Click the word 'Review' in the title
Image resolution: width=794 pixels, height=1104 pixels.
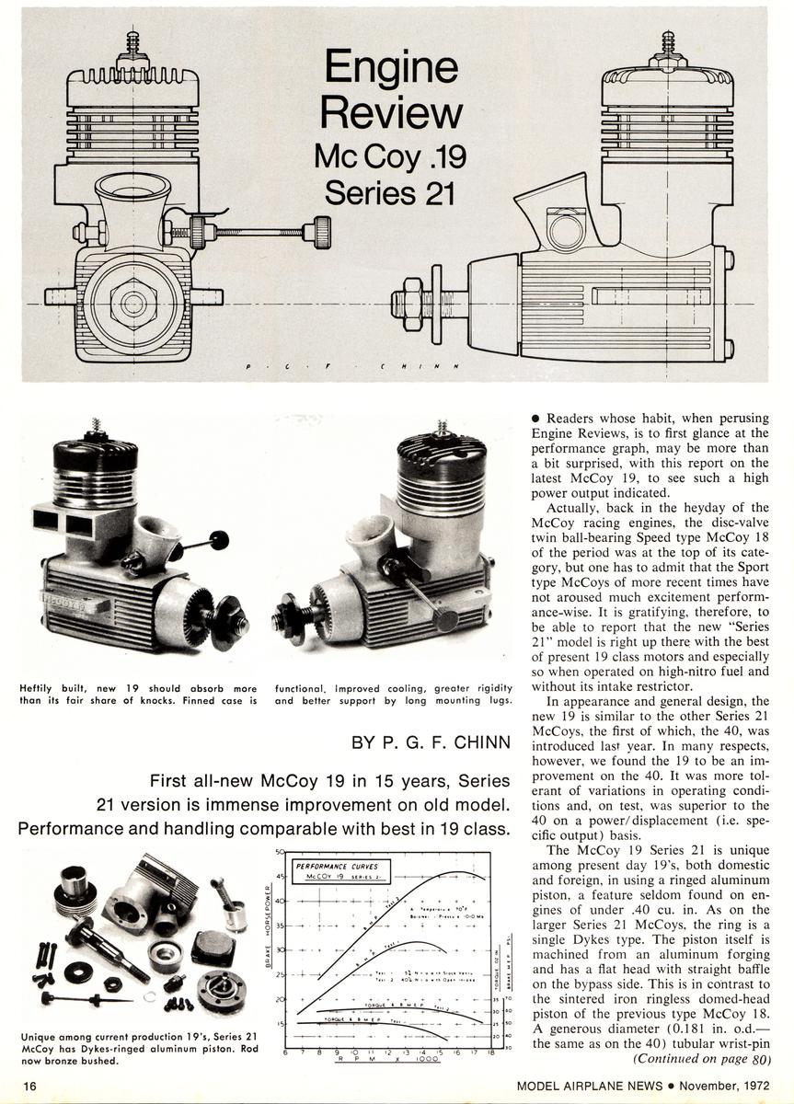(391, 112)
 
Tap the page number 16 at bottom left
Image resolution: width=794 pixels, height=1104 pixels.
(30, 1086)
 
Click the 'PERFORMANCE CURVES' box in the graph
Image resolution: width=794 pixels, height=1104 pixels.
(335, 869)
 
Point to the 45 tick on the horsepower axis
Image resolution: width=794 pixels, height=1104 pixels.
(279, 876)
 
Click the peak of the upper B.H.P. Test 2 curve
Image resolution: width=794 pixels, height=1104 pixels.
(457, 871)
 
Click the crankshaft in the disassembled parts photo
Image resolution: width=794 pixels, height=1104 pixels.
(106, 942)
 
